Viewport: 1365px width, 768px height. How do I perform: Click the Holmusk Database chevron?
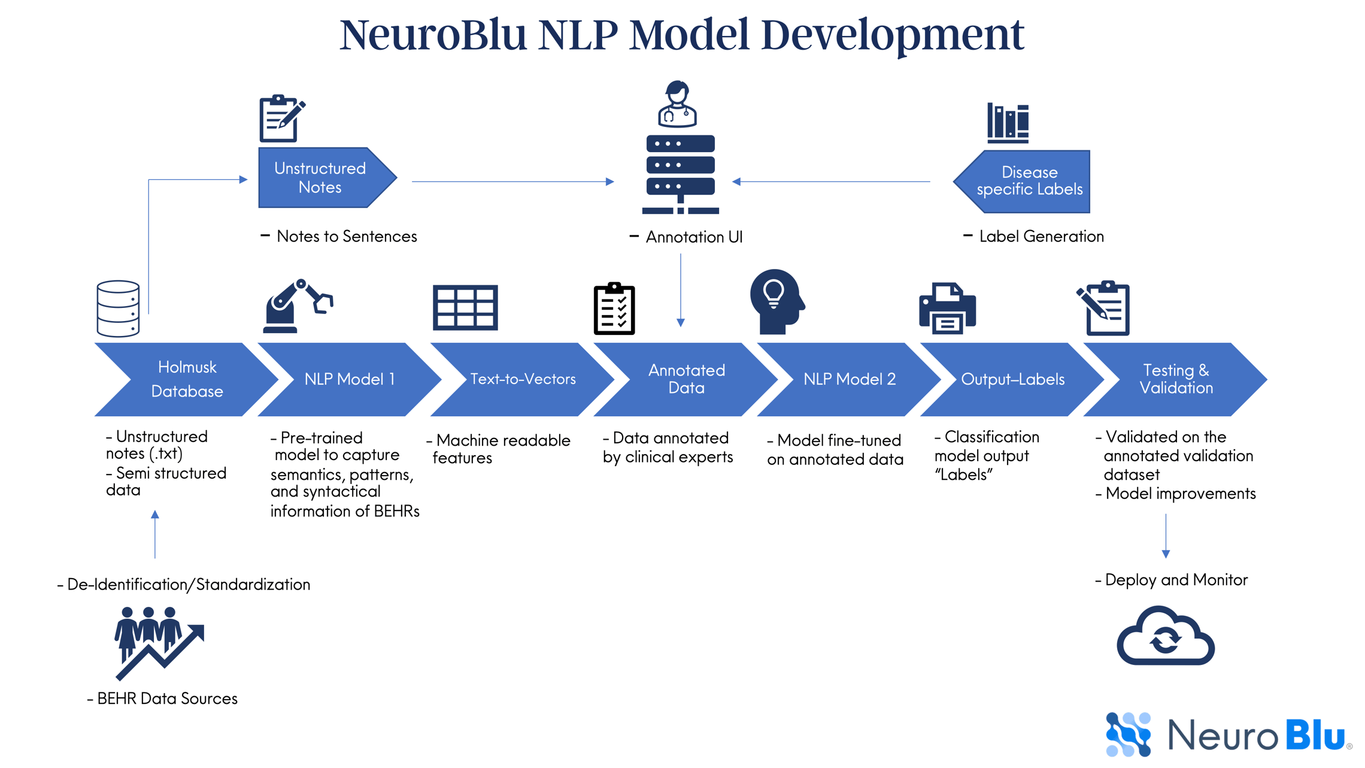pyautogui.click(x=186, y=379)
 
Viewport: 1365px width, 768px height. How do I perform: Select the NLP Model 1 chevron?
pyautogui.click(x=350, y=379)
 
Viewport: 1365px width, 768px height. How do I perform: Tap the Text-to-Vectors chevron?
pyautogui.click(x=522, y=379)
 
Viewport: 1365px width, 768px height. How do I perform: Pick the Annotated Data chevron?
pyautogui.click(x=686, y=379)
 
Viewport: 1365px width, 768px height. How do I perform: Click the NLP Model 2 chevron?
pyautogui.click(x=849, y=379)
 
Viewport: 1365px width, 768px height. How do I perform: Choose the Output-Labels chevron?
pyautogui.click(x=1012, y=379)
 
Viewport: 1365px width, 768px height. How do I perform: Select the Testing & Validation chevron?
pyautogui.click(x=1176, y=379)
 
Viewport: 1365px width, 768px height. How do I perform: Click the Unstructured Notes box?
pyautogui.click(x=320, y=178)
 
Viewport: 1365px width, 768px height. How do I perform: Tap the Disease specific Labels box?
pyautogui.click(x=1029, y=181)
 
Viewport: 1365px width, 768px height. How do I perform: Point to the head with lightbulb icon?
pyautogui.click(x=776, y=302)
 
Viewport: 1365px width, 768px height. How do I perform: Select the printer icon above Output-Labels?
pyautogui.click(x=947, y=308)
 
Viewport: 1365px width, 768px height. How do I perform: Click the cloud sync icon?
pyautogui.click(x=1165, y=637)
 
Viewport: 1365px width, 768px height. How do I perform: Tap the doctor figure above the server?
pyautogui.click(x=677, y=104)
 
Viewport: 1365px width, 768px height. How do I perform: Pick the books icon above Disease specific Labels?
pyautogui.click(x=1008, y=123)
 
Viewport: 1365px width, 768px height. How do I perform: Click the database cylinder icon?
pyautogui.click(x=118, y=309)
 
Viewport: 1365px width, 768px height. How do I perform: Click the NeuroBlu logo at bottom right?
pyautogui.click(x=1227, y=734)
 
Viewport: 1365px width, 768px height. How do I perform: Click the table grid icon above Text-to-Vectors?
pyautogui.click(x=465, y=308)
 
